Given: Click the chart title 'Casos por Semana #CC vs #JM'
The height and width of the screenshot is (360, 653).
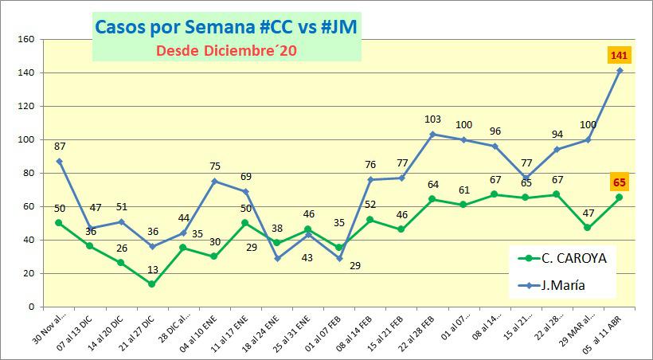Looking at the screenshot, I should click(226, 26).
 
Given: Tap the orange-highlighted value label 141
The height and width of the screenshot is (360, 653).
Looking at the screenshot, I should click(620, 55).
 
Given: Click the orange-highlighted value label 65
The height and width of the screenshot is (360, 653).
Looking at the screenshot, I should click(620, 182).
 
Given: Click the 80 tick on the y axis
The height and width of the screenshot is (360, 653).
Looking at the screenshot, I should click(27, 173).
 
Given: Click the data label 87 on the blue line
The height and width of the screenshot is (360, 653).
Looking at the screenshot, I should click(60, 147).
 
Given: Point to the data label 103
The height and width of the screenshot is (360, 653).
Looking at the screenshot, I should click(432, 119).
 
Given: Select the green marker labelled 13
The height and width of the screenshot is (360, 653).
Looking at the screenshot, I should click(151, 284).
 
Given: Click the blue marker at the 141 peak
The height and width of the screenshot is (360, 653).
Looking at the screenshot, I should click(620, 71).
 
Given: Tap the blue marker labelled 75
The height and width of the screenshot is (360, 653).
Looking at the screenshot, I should click(213, 181).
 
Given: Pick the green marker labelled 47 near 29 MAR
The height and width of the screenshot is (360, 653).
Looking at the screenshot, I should click(588, 228).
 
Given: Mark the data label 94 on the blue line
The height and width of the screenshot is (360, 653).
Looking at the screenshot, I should click(557, 134).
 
